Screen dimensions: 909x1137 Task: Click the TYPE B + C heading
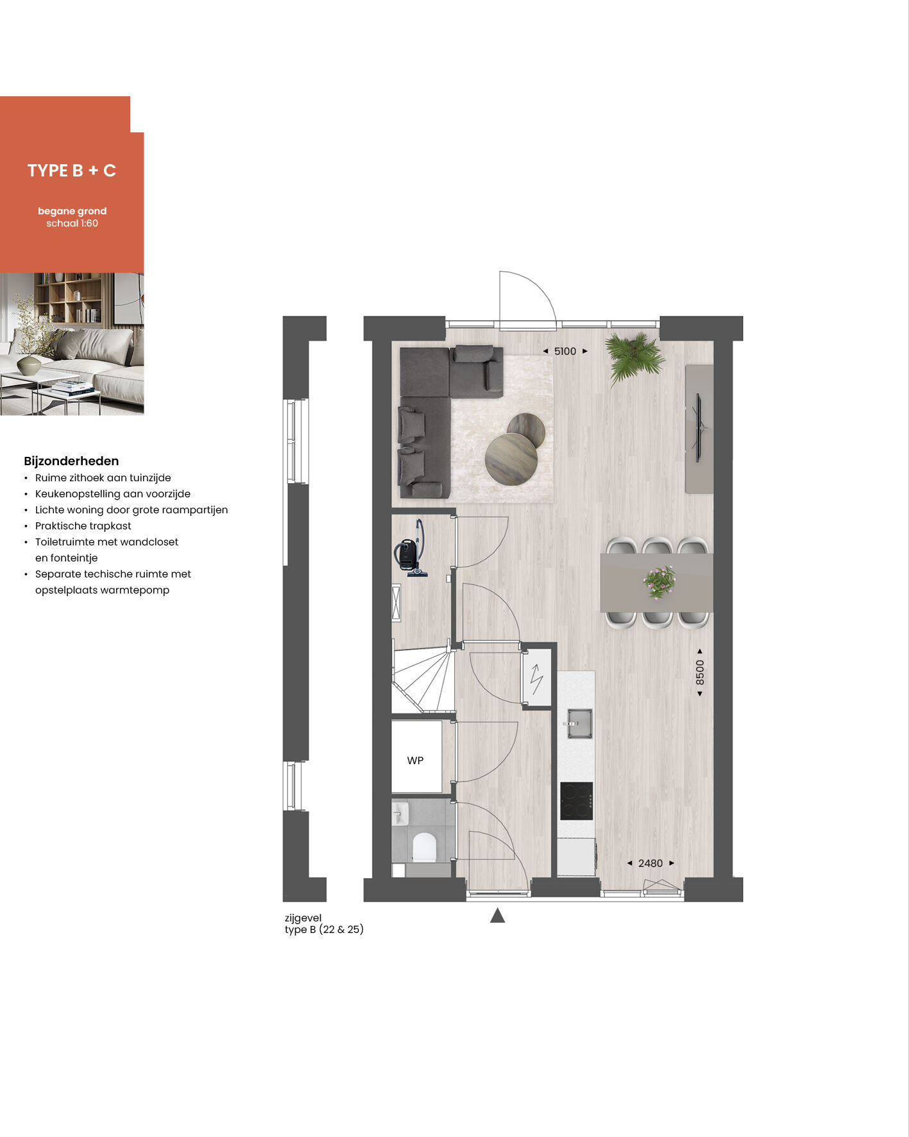point(72,171)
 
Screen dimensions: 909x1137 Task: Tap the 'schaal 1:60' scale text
point(72,223)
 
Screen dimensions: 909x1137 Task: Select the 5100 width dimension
point(565,351)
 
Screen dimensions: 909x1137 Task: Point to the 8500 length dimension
point(700,672)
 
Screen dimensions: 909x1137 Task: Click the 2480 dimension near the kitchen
point(650,863)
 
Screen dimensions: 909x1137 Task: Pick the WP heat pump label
point(415,760)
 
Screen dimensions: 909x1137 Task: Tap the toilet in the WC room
point(424,847)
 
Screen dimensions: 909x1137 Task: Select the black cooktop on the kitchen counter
point(576,801)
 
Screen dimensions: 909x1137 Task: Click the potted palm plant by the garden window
point(634,357)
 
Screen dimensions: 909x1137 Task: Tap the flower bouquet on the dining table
point(659,582)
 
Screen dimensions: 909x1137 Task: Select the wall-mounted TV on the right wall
point(700,427)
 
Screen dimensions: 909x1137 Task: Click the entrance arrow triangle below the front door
point(497,916)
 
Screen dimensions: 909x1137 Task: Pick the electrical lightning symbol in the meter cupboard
point(536,679)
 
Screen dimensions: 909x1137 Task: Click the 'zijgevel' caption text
point(303,918)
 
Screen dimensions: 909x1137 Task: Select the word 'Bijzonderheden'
point(71,461)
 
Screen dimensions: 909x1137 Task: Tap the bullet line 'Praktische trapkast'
point(83,526)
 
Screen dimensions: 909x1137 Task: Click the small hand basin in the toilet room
point(399,814)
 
